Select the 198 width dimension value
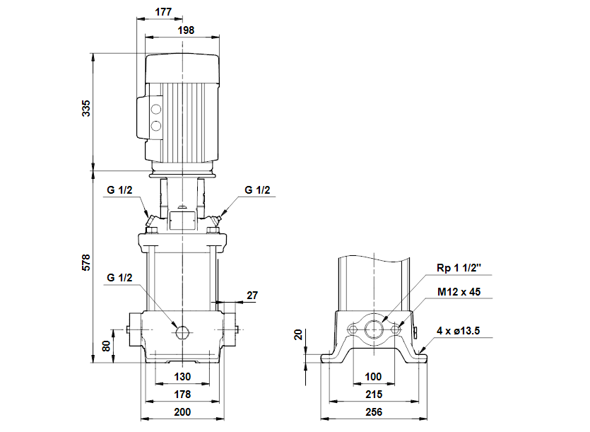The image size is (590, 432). click(182, 30)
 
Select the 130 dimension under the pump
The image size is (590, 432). click(182, 376)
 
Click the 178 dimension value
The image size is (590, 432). click(182, 394)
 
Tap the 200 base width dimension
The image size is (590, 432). click(182, 412)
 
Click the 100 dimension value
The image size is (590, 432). click(374, 376)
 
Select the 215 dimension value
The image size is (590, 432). click(374, 394)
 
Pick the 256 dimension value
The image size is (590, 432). click(374, 412)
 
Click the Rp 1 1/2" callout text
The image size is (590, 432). click(458, 268)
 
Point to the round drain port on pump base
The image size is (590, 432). click(182, 332)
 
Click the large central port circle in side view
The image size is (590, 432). click(374, 330)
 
